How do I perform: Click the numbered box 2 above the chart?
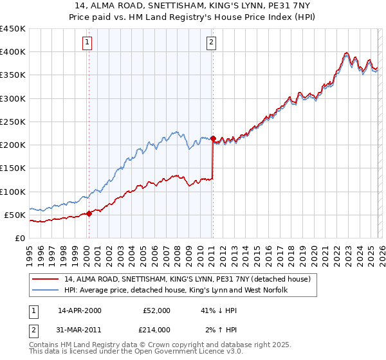tap(211, 43)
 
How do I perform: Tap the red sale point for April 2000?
tap(89, 214)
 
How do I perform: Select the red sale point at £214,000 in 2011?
tap(212, 138)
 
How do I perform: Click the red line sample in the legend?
tap(45, 280)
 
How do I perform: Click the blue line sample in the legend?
tap(45, 291)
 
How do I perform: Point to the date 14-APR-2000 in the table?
tap(80, 310)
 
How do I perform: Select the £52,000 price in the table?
tap(156, 310)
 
